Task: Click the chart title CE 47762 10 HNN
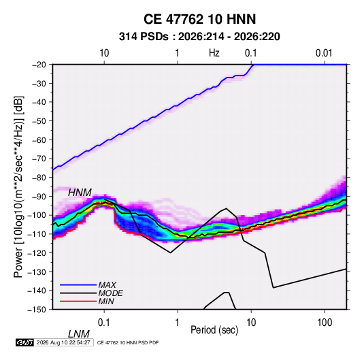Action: [x=199, y=19]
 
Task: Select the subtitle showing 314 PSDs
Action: [x=199, y=37]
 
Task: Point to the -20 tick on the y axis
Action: [x=39, y=65]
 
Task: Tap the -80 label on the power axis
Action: [x=39, y=178]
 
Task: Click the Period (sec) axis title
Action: [x=214, y=330]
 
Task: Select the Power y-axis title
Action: [x=18, y=187]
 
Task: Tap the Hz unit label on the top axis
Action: [x=214, y=53]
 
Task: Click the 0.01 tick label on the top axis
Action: [x=324, y=53]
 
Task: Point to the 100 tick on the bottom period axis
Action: [x=325, y=323]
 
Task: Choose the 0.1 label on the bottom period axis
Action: [x=104, y=323]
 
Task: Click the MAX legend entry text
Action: [x=107, y=285]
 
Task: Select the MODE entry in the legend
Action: [x=110, y=293]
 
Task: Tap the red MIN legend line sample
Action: [x=78, y=301]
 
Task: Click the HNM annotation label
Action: [x=80, y=193]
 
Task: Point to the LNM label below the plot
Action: [x=79, y=334]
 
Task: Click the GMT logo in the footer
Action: [x=24, y=342]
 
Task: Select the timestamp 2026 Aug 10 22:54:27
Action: [x=63, y=342]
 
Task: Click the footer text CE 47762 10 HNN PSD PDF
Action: [x=128, y=342]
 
